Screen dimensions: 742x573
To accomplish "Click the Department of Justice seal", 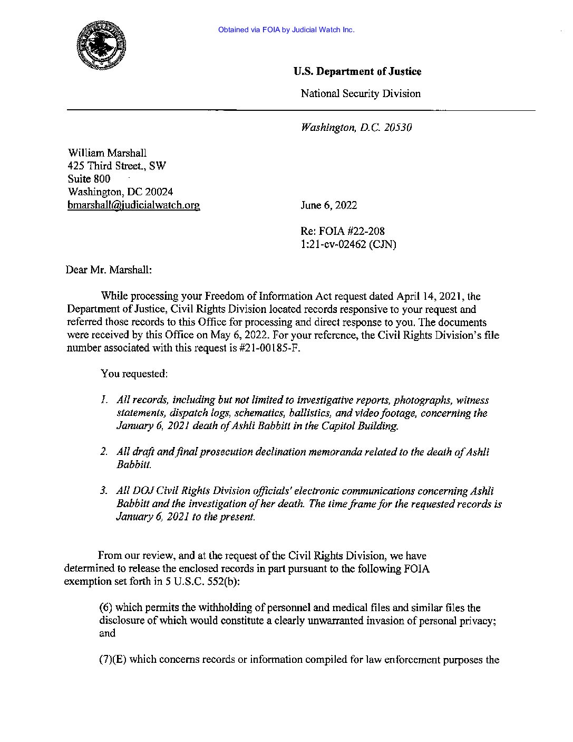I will [102, 45].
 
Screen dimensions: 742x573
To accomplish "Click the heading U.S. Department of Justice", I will [357, 71].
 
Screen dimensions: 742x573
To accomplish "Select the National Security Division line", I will [360, 93].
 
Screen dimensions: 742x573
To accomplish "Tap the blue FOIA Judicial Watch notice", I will [286, 30].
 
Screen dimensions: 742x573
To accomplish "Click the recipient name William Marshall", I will [107, 153].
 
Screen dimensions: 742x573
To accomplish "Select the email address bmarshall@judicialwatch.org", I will [133, 205].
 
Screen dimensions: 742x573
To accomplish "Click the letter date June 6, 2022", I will [328, 205].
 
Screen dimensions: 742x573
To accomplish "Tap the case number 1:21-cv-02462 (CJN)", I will [348, 244].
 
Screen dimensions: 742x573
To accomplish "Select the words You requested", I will [134, 374].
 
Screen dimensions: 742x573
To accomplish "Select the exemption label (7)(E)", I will [112, 659].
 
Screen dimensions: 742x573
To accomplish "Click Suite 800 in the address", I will [89, 179].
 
